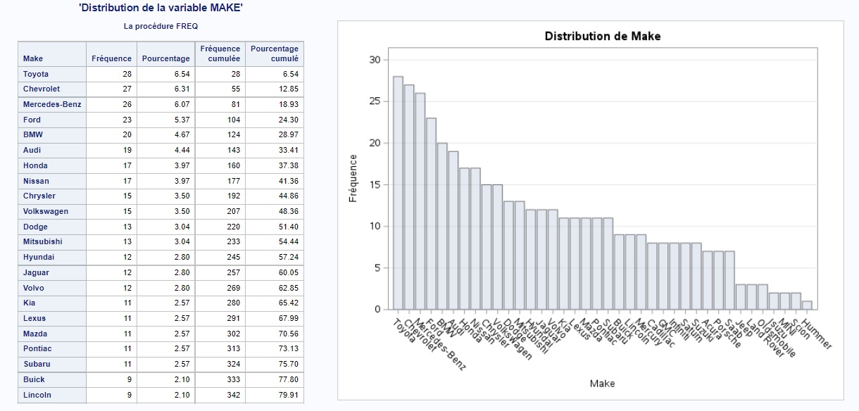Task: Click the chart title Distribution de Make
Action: pyautogui.click(x=603, y=36)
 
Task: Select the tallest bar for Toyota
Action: pyautogui.click(x=398, y=193)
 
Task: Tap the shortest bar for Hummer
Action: pyautogui.click(x=807, y=305)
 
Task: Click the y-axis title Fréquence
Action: pyautogui.click(x=353, y=179)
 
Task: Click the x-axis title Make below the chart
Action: pyautogui.click(x=602, y=384)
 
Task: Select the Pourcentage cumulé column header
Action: pyautogui.click(x=275, y=53)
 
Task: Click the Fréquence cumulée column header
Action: pyautogui.click(x=220, y=53)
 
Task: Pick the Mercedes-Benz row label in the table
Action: pyautogui.click(x=52, y=104)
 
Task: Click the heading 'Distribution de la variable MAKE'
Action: pyautogui.click(x=161, y=8)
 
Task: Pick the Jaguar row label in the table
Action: pyautogui.click(x=37, y=272)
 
